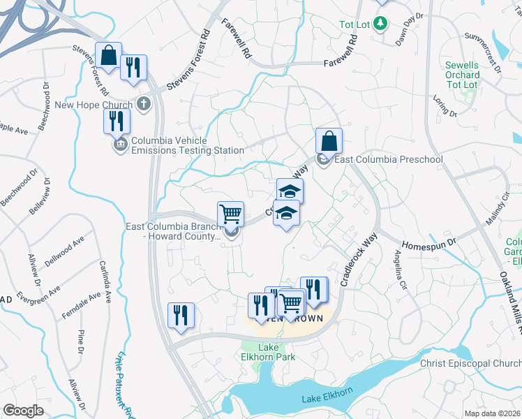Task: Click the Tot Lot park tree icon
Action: pyautogui.click(x=380, y=24)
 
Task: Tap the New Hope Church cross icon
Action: pyautogui.click(x=144, y=105)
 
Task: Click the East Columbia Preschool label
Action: pyautogui.click(x=389, y=159)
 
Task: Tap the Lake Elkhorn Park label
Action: pyautogui.click(x=276, y=352)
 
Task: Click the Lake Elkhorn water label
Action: pyautogui.click(x=325, y=399)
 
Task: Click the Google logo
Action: pyautogui.click(x=23, y=411)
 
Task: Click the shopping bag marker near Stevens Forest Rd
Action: pyautogui.click(x=109, y=56)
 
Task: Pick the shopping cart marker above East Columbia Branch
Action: pyautogui.click(x=230, y=213)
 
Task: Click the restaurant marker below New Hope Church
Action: pyautogui.click(x=117, y=121)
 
